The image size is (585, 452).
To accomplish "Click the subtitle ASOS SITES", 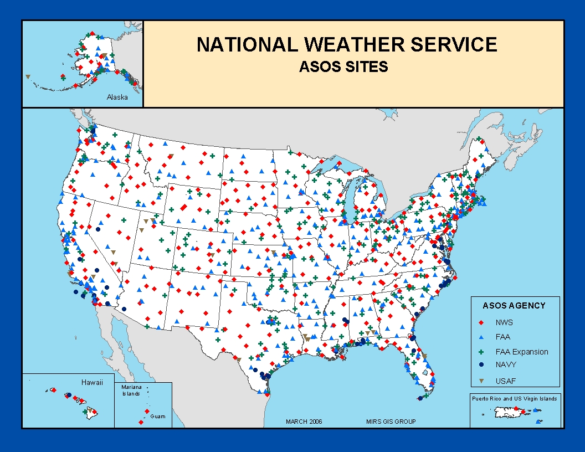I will click(x=343, y=67).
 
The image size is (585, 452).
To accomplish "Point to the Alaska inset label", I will click(x=117, y=97).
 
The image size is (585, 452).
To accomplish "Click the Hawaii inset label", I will click(x=92, y=383).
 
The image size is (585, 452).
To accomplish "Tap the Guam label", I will click(x=158, y=417).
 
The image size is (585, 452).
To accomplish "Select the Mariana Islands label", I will click(x=132, y=390).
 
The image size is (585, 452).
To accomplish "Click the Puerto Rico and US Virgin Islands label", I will click(x=514, y=398).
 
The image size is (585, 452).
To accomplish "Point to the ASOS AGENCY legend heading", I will click(x=514, y=306).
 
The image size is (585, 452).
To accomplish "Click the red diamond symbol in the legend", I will click(x=481, y=322).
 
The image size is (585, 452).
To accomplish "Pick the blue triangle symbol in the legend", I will click(x=481, y=337).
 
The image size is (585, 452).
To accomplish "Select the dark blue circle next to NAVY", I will click(x=481, y=364).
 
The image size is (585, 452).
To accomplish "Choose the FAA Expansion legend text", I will click(x=522, y=352).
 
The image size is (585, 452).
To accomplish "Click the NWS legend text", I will click(x=504, y=322).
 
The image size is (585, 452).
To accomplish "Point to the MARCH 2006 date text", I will click(x=304, y=422).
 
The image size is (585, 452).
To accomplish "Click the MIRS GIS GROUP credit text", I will click(x=391, y=422).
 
